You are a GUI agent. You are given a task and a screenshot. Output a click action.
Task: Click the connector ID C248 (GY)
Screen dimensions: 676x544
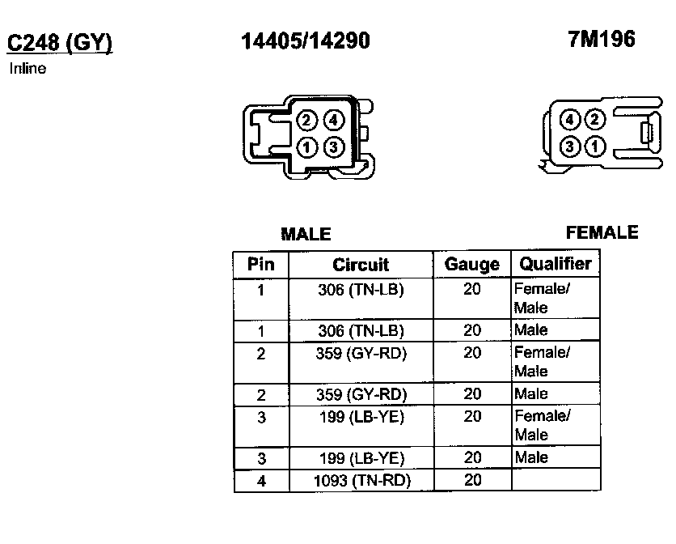point(60,42)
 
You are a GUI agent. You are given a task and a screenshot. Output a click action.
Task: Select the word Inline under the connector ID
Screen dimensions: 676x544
point(27,69)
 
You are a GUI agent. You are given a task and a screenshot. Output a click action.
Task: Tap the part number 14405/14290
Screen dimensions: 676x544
point(306,41)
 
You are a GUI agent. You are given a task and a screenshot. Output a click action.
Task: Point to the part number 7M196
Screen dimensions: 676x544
point(602,40)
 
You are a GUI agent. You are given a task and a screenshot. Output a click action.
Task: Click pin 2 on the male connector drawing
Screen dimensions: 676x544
point(306,121)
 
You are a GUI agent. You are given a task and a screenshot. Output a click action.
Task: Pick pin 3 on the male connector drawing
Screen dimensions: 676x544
point(334,147)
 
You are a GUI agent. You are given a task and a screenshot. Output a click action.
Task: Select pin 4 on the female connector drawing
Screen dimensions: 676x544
point(570,121)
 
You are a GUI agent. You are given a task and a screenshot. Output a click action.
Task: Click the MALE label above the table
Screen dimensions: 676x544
point(306,235)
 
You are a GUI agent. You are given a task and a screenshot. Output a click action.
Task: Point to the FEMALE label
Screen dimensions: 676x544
point(602,233)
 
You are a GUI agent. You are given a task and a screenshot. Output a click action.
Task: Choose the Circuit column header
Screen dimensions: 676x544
point(361,265)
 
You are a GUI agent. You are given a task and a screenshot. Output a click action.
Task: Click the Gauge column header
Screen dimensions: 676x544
point(472,265)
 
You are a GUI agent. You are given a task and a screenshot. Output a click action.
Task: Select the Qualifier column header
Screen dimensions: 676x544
point(556,264)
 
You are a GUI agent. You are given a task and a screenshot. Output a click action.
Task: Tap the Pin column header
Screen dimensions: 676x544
point(260,264)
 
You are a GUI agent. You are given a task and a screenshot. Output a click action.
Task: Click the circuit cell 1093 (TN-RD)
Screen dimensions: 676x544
point(361,481)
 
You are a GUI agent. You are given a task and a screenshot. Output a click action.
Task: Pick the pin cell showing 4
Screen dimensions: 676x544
point(260,481)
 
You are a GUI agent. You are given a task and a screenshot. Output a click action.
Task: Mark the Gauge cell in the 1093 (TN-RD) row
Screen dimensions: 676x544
point(472,481)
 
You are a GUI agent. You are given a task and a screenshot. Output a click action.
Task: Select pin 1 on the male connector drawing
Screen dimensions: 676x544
point(306,147)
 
